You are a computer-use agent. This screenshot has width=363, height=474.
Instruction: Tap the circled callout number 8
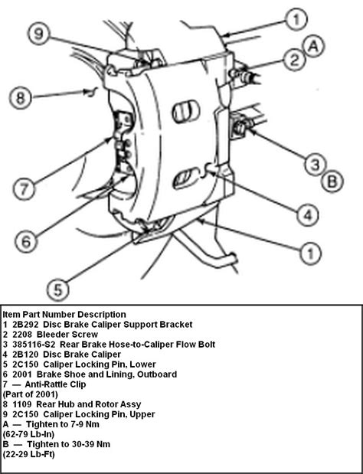pos(22,97)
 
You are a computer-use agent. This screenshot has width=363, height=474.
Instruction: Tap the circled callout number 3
pos(313,162)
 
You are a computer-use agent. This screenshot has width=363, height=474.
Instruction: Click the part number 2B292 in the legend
pos(28,325)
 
